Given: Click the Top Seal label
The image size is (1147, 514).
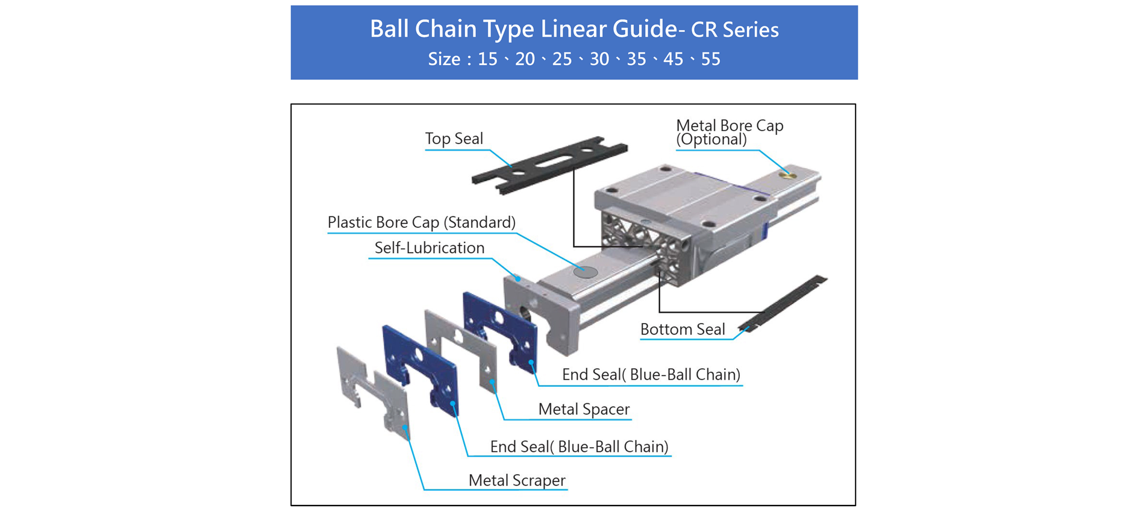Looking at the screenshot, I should [454, 139].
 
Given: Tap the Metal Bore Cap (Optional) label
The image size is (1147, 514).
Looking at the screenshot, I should [729, 132].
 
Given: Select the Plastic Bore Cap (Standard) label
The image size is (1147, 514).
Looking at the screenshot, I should [421, 222].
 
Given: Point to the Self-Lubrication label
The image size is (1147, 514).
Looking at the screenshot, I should [429, 248].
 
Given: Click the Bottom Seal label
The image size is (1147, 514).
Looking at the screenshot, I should [682, 329].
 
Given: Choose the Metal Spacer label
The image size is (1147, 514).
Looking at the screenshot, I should [583, 409].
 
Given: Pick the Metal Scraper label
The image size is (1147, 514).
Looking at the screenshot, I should [516, 480].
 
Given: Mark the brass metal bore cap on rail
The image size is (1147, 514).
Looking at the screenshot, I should [787, 175].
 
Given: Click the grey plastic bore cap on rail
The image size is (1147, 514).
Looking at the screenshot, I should [585, 272].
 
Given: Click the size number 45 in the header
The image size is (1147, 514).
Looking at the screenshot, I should [673, 59].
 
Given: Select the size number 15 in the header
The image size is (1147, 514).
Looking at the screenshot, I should [487, 59].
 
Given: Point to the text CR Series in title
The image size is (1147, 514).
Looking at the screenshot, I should [734, 30].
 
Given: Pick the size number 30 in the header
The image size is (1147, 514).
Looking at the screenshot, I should [599, 59].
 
